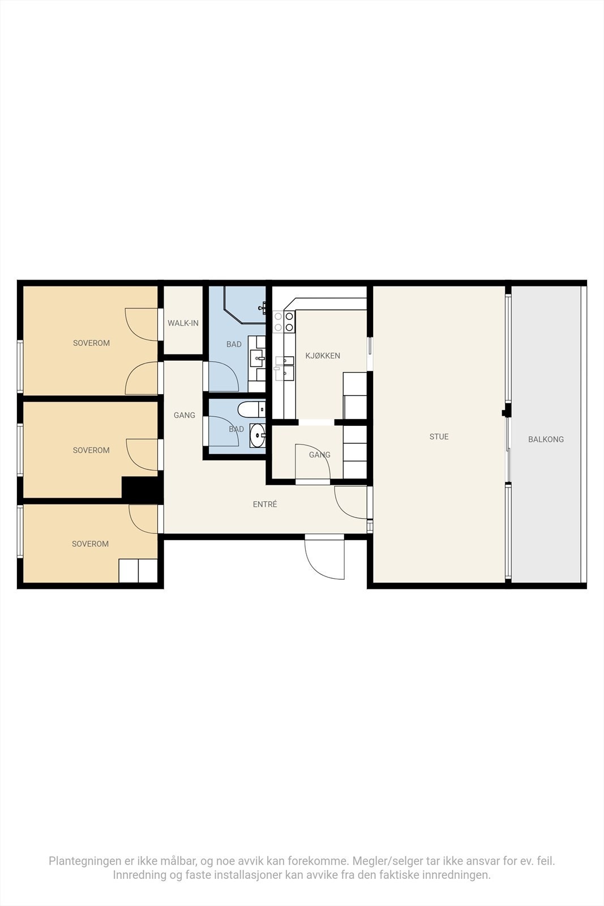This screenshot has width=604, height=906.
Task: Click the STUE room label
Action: (x=439, y=437)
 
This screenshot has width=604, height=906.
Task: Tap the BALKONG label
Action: (x=546, y=439)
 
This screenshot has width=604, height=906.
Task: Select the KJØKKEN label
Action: (x=323, y=356)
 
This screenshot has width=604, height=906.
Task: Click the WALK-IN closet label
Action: (x=183, y=323)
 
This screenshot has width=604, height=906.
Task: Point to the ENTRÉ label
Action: (x=265, y=504)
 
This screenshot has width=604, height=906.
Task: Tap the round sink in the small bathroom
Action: (x=257, y=435)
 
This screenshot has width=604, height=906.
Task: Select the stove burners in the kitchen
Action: (x=284, y=322)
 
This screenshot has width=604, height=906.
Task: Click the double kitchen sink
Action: (x=285, y=366)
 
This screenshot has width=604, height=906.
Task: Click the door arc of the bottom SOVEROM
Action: (x=143, y=519)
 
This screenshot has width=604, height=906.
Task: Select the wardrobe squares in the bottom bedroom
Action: (x=138, y=571)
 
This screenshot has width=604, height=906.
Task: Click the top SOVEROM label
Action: (x=91, y=343)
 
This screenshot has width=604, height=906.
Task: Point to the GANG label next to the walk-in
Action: (x=185, y=415)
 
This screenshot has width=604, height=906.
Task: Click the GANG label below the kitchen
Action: (x=319, y=455)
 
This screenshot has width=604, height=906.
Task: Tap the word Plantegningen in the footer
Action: (x=85, y=861)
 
